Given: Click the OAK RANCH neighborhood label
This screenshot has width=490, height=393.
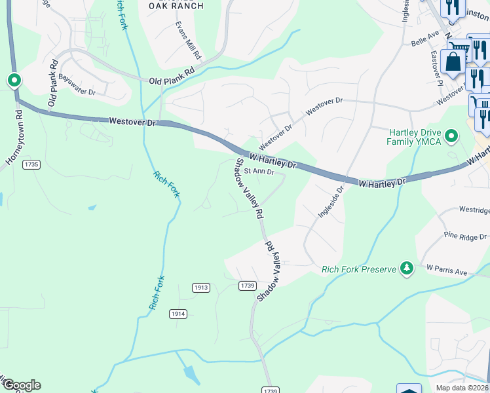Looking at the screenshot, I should (175, 6).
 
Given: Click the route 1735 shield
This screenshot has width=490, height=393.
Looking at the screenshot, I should (30, 164).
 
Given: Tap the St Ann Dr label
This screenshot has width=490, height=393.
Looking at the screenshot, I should (258, 172).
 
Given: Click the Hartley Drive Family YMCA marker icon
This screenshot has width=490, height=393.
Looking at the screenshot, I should (451, 136).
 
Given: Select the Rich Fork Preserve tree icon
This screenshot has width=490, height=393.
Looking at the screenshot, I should (407, 269).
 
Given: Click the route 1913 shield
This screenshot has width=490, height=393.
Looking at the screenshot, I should (201, 288).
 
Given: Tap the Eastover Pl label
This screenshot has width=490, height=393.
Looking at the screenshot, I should (436, 67).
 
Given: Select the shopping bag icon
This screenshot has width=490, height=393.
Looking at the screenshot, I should (453, 62).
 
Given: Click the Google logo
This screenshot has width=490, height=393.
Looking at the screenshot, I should (21, 385).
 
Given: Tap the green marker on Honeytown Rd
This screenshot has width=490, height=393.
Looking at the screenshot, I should (14, 81).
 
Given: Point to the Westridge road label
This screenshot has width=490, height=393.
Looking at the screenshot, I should (473, 210).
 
